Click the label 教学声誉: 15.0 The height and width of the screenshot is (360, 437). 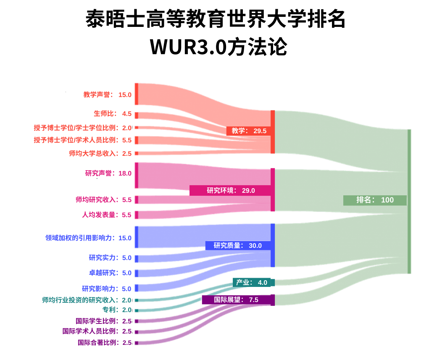point(107,95)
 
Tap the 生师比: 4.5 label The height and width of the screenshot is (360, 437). point(113,114)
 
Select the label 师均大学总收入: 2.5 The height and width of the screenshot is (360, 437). point(100,153)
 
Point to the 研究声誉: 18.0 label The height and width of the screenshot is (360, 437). point(108,173)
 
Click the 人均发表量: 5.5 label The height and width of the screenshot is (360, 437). point(107,215)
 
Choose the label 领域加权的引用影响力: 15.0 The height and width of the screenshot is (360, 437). point(88,238)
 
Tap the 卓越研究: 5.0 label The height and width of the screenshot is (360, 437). point(110,273)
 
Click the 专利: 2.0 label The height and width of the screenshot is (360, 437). point(117,310)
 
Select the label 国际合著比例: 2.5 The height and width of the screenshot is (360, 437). point(105,343)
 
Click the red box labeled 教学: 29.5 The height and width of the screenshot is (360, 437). point(249,131)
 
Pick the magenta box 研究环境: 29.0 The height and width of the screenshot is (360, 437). point(230,191)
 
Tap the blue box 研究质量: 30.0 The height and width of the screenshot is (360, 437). point(238,245)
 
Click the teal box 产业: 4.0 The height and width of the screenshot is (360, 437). point(252,283)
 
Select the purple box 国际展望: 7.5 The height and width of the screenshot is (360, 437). point(236,300)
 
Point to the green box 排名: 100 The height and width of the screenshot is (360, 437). point(375,200)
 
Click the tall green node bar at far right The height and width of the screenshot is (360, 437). point(409,202)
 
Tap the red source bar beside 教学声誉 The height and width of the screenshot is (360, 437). point(137,94)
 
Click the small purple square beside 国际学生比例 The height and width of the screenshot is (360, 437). point(137,321)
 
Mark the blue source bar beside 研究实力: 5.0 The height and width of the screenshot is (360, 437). point(137,259)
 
